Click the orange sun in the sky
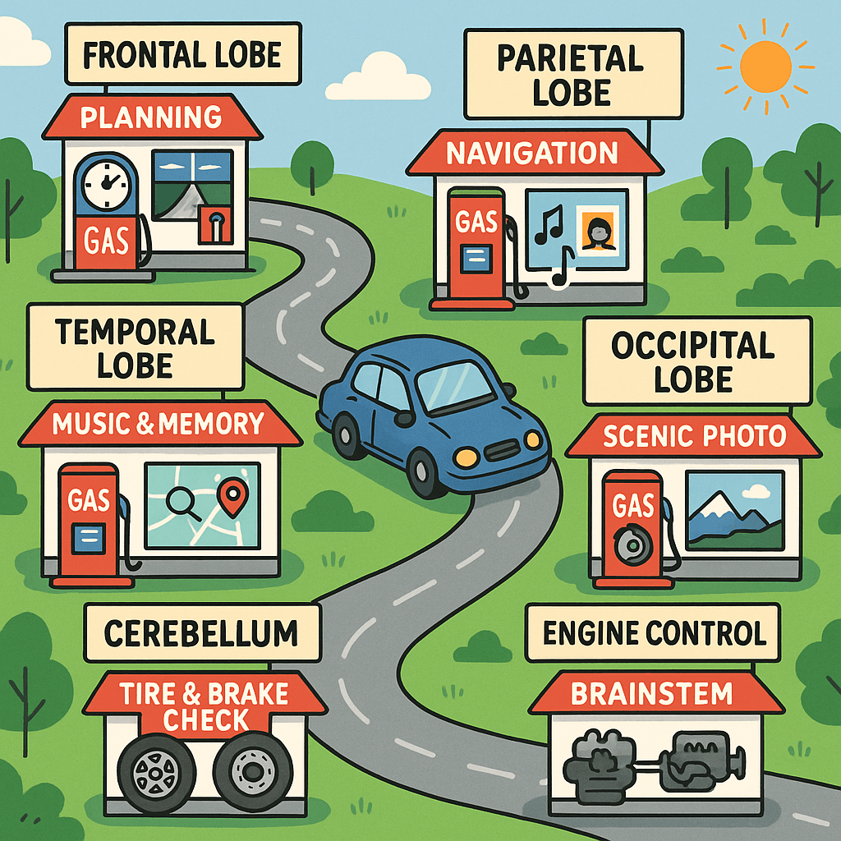765,67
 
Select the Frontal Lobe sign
183,53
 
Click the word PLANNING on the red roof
151,117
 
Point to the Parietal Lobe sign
573,74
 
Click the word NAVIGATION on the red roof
532,154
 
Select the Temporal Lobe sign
136,347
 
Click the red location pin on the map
232,496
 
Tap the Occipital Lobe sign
697,361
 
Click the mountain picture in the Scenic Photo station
735,510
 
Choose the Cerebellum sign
202,633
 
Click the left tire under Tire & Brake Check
157,773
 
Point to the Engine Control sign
653,633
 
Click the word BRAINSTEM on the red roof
651,693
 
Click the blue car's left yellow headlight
466,457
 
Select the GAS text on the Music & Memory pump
89,500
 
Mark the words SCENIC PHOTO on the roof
695,436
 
